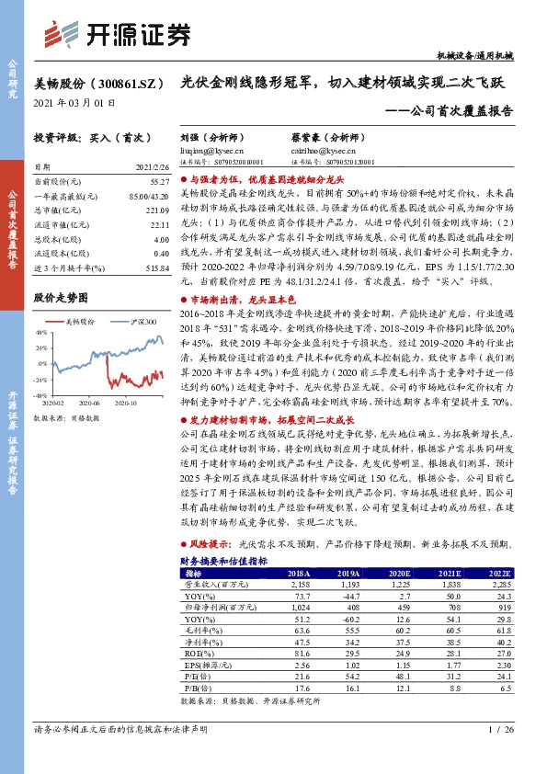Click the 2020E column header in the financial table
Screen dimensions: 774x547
(395, 572)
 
